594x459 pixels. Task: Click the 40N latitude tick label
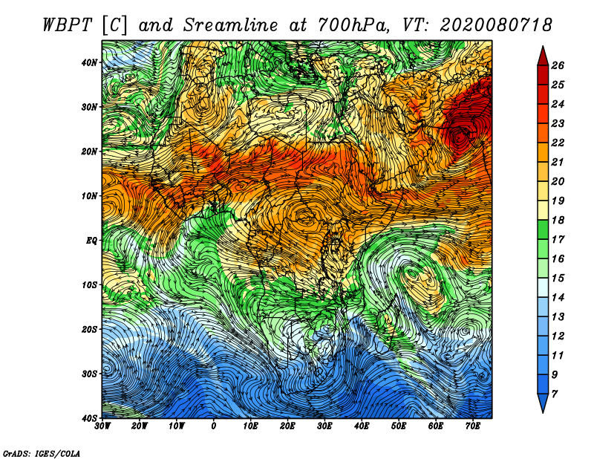(89, 62)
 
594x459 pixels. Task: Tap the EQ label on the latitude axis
(91, 241)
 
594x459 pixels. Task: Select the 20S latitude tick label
(89, 329)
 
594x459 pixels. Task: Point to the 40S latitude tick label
(89, 418)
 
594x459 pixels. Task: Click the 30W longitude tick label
(102, 426)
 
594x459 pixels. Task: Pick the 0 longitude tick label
(214, 426)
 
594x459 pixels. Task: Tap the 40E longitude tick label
(362, 426)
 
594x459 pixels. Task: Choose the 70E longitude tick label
(473, 426)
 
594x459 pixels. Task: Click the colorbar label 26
(558, 65)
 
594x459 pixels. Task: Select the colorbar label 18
(558, 220)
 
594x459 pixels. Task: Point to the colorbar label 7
(555, 394)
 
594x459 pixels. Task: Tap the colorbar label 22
(558, 143)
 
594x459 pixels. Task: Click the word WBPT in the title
(67, 25)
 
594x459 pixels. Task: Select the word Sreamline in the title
(230, 25)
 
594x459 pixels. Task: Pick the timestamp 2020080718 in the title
(495, 25)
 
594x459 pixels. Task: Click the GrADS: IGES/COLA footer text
(42, 453)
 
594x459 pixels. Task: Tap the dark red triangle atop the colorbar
(543, 57)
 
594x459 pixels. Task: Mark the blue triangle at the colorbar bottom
(543, 402)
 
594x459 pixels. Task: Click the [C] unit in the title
(115, 25)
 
